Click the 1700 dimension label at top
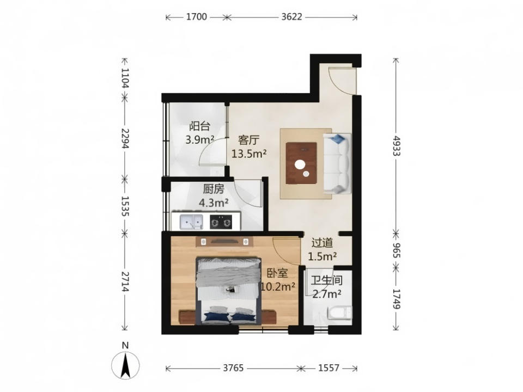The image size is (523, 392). click(x=197, y=17)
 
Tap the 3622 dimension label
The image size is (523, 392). click(x=291, y=17)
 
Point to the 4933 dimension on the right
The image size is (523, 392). click(x=396, y=146)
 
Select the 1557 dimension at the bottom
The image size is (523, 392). click(x=329, y=368)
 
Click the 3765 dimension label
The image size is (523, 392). click(x=233, y=368)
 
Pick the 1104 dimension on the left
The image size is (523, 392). click(x=125, y=78)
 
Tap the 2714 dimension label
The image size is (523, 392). click(x=125, y=281)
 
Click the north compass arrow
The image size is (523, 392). click(x=125, y=365)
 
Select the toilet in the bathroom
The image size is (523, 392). click(x=339, y=313)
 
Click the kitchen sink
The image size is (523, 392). click(x=191, y=222)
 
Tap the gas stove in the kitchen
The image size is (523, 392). click(x=221, y=222)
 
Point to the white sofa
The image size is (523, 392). click(x=337, y=163)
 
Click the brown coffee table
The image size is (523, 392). click(x=301, y=163)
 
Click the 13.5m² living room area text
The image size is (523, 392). click(x=249, y=154)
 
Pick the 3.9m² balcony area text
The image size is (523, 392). click(x=200, y=139)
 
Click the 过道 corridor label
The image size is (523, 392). click(x=322, y=243)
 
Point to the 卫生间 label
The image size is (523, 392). click(x=327, y=280)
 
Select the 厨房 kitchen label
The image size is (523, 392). click(x=214, y=189)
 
